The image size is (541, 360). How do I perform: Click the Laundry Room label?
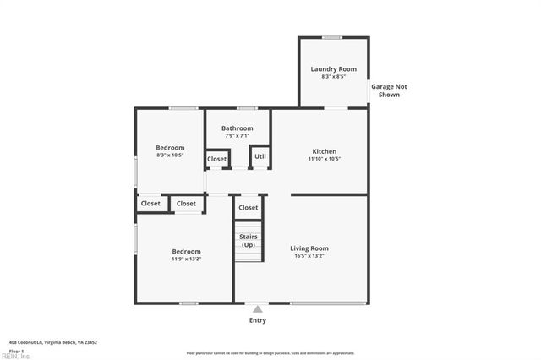(333, 68)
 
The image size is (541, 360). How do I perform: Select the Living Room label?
(309, 248)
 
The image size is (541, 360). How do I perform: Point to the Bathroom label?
(238, 128)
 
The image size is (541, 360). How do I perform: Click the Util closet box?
(260, 156)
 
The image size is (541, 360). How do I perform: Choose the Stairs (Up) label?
(249, 240)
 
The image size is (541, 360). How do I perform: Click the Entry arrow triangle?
(257, 309)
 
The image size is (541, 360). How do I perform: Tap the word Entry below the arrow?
(257, 320)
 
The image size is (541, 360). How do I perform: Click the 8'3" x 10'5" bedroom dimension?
(170, 155)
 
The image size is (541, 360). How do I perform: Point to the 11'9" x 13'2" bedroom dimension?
(186, 259)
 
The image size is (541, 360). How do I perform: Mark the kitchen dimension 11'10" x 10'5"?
(324, 158)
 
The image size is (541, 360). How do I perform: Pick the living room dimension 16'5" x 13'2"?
(309, 256)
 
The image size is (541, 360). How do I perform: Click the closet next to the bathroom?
(217, 159)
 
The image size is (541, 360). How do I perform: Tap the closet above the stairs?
(249, 207)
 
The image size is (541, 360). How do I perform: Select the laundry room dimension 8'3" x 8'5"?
(333, 77)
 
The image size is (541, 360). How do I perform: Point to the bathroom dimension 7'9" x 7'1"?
(238, 136)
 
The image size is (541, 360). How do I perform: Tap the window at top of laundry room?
(332, 37)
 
